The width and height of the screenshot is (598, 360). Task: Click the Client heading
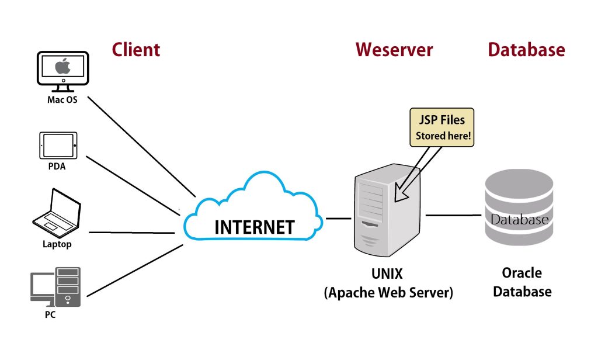tap(135, 50)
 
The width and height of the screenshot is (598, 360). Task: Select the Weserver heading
tap(394, 50)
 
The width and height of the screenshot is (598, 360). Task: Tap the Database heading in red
tap(526, 50)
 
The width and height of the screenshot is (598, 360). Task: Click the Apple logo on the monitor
tap(62, 67)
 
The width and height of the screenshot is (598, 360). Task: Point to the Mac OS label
tap(62, 99)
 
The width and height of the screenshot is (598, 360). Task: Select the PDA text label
tap(57, 167)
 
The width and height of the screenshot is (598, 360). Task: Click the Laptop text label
tap(57, 244)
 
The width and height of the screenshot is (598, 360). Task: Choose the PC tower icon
tap(68, 286)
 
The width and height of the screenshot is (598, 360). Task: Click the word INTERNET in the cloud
tap(254, 227)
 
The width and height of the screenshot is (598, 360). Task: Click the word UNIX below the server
tap(387, 273)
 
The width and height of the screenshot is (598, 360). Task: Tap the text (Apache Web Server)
tap(388, 292)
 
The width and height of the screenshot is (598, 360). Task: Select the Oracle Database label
tap(522, 282)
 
